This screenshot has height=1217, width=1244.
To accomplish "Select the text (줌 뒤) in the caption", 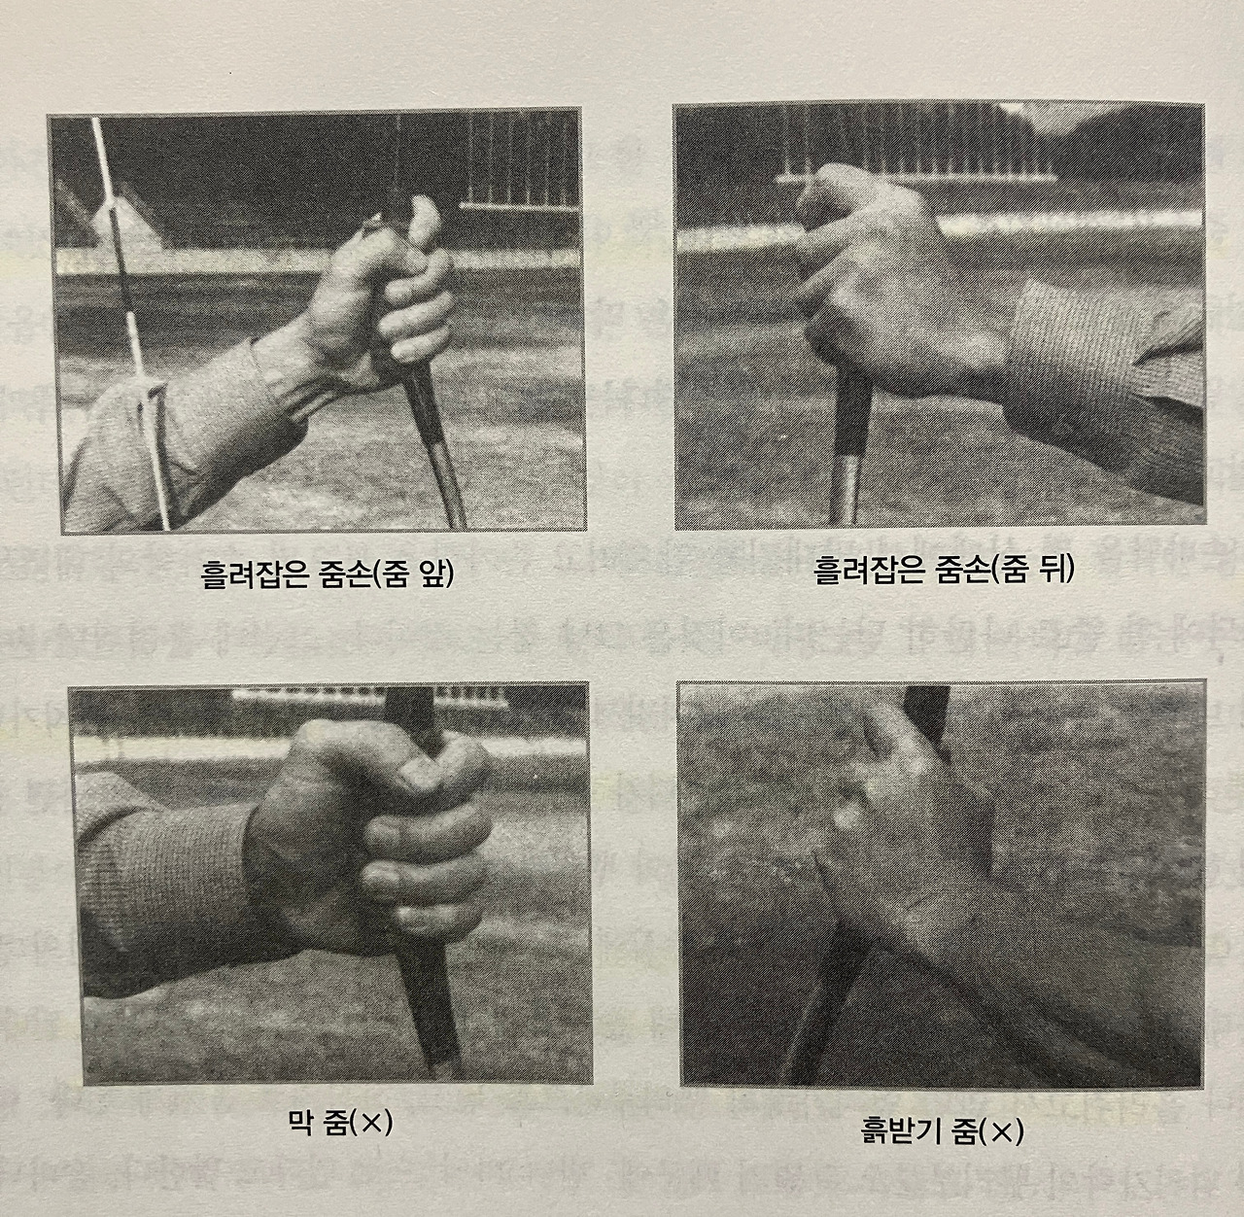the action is tap(1031, 570).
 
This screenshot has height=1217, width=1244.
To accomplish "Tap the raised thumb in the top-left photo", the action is tap(423, 221).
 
